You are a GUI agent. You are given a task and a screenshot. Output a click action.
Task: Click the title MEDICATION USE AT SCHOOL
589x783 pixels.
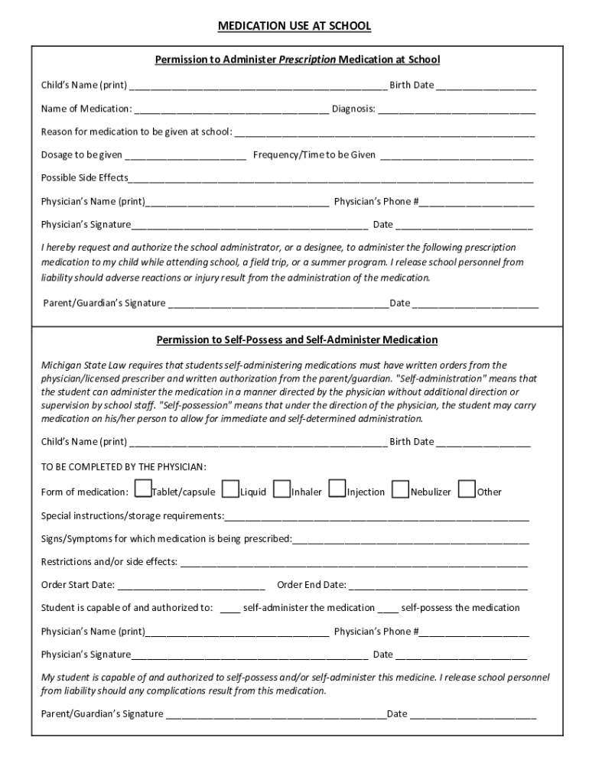pyautogui.click(x=294, y=26)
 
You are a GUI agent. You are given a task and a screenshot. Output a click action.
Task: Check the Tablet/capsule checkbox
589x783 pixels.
pyautogui.click(x=142, y=489)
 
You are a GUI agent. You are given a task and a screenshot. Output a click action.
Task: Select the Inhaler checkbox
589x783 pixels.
pyautogui.click(x=282, y=489)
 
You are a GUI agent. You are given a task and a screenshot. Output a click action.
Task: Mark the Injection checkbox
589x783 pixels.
pyautogui.click(x=337, y=489)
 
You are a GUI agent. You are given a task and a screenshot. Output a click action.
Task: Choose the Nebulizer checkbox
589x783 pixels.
pyautogui.click(x=400, y=489)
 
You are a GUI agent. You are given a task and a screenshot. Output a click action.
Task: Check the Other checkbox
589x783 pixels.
pyautogui.click(x=467, y=489)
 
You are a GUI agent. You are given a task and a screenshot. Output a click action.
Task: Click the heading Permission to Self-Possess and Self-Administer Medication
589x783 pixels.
pyautogui.click(x=297, y=340)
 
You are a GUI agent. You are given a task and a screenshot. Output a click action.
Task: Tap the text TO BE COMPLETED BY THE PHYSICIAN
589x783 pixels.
pyautogui.click(x=123, y=466)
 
